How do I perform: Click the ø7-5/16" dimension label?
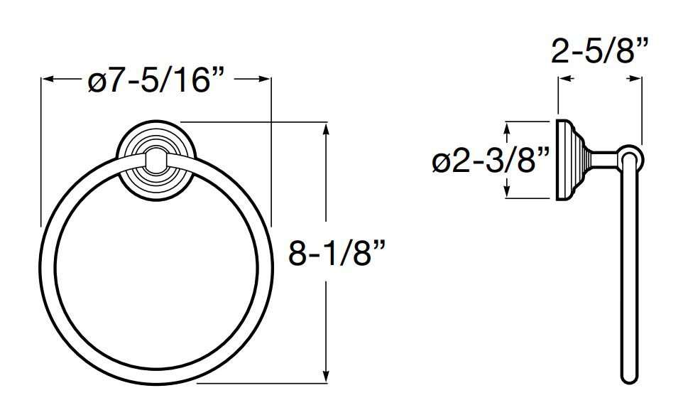156,81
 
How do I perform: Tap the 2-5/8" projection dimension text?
599,51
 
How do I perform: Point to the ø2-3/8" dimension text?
491,160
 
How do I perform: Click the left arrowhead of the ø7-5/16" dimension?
48,79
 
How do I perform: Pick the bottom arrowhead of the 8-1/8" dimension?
326,375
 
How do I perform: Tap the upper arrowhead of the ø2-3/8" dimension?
507,129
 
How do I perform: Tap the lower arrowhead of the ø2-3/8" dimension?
507,191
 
